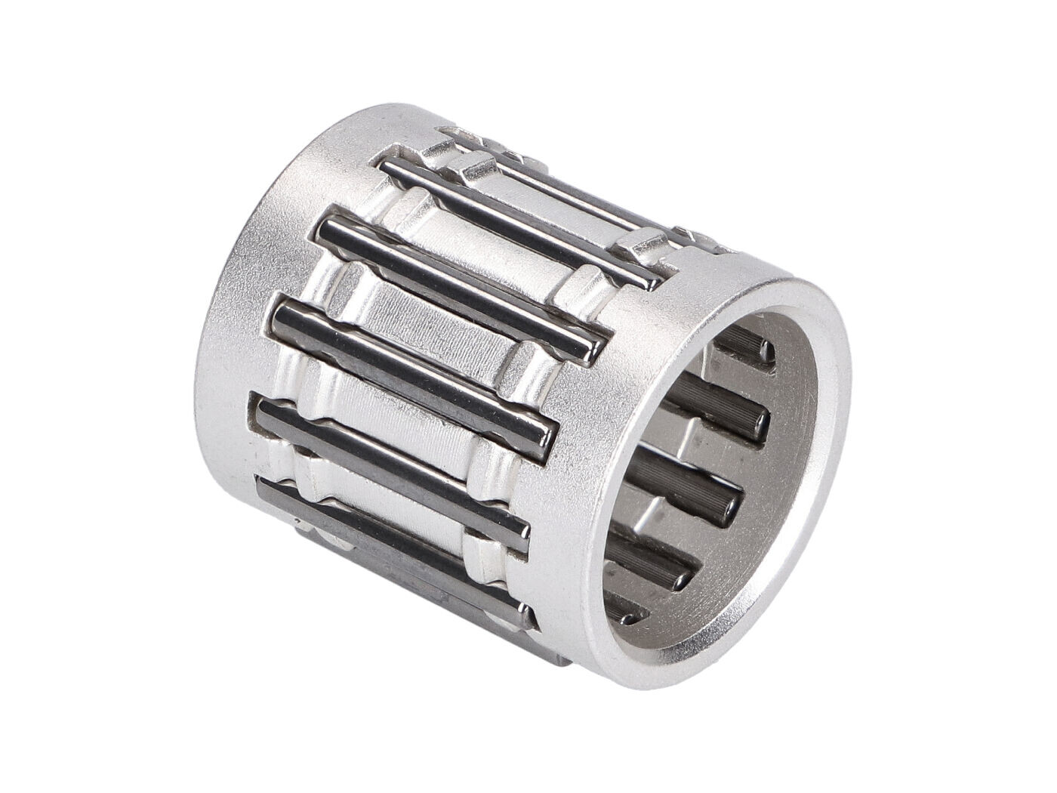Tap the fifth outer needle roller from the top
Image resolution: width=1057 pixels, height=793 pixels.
[x=393, y=468]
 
